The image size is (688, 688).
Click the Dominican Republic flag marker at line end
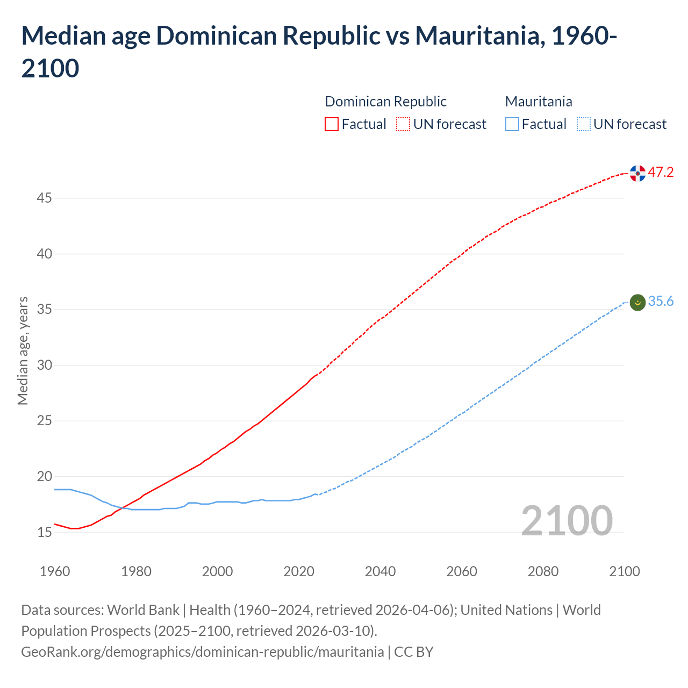coord(637,173)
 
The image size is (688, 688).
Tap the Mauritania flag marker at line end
coord(637,303)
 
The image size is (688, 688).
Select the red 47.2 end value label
coord(661,173)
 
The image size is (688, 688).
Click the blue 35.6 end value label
coord(661,302)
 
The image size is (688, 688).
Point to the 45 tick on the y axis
coord(44,198)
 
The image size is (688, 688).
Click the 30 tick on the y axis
coord(44,365)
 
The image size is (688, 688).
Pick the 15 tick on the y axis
coord(44,533)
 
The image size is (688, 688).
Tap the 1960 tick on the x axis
coord(55,571)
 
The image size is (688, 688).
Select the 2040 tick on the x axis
coord(380,571)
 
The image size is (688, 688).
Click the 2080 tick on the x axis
coord(543,571)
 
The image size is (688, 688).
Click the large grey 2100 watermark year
coord(567,521)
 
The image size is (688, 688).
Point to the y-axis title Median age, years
coord(23,350)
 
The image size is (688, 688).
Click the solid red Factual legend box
coord(332,125)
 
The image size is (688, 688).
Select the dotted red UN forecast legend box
coord(403,125)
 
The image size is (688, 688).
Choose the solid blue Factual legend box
coord(512,125)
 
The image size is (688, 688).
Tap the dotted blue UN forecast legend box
coord(583,125)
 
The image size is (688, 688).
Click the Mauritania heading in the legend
coord(539,102)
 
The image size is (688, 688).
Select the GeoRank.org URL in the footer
coord(202,652)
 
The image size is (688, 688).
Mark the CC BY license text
coord(414,652)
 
